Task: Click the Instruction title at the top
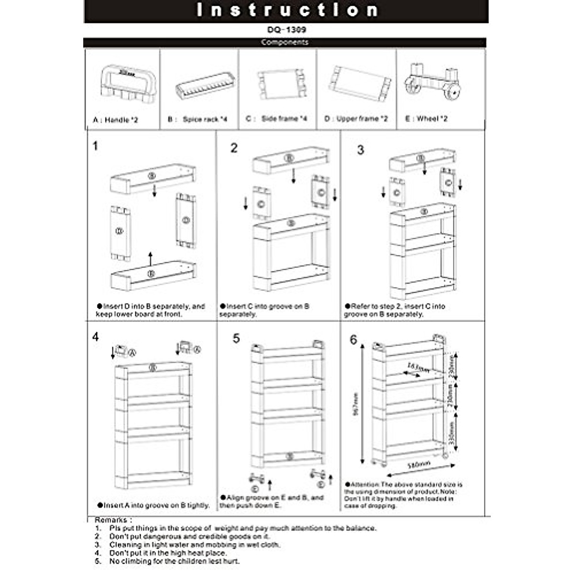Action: (x=287, y=11)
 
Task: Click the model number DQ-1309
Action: (x=287, y=30)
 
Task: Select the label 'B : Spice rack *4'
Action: (x=198, y=119)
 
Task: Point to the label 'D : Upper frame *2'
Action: (x=356, y=119)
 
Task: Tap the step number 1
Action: (x=96, y=146)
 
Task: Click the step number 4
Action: (x=96, y=337)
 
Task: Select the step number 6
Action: (x=353, y=340)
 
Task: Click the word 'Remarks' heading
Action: (x=110, y=519)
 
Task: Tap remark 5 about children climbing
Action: (x=174, y=561)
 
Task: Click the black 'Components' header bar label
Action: (x=285, y=42)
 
